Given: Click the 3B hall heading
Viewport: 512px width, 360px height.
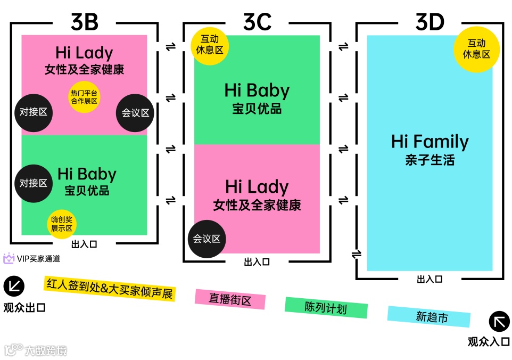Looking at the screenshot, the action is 85,22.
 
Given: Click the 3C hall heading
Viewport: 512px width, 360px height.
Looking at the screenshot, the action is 257,22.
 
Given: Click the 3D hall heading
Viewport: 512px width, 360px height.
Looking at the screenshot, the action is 430,22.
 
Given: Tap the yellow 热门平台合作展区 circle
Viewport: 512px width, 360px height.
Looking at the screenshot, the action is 84,97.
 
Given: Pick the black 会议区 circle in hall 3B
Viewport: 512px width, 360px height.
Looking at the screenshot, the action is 135,113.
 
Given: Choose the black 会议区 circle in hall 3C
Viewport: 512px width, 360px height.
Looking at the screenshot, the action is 207,239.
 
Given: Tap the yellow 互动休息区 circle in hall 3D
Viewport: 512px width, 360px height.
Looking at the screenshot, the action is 476,48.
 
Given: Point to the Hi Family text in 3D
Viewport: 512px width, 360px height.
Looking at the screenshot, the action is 430,142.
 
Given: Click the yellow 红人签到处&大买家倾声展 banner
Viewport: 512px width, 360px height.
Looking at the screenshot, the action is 110,288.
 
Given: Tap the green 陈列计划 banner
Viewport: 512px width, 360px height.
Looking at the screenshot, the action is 326,307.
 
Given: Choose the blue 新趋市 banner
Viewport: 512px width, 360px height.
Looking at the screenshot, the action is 429,316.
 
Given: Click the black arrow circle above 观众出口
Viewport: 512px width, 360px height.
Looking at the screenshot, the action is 14,287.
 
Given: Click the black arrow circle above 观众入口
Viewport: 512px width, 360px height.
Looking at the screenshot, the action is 499,322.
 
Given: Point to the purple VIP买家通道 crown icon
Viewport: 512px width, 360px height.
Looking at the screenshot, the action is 9,259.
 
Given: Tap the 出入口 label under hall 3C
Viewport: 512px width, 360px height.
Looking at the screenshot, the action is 257,262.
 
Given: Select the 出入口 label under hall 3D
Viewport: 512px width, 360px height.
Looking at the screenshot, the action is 429,279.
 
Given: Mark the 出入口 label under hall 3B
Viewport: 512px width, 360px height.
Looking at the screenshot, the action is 84,245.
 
